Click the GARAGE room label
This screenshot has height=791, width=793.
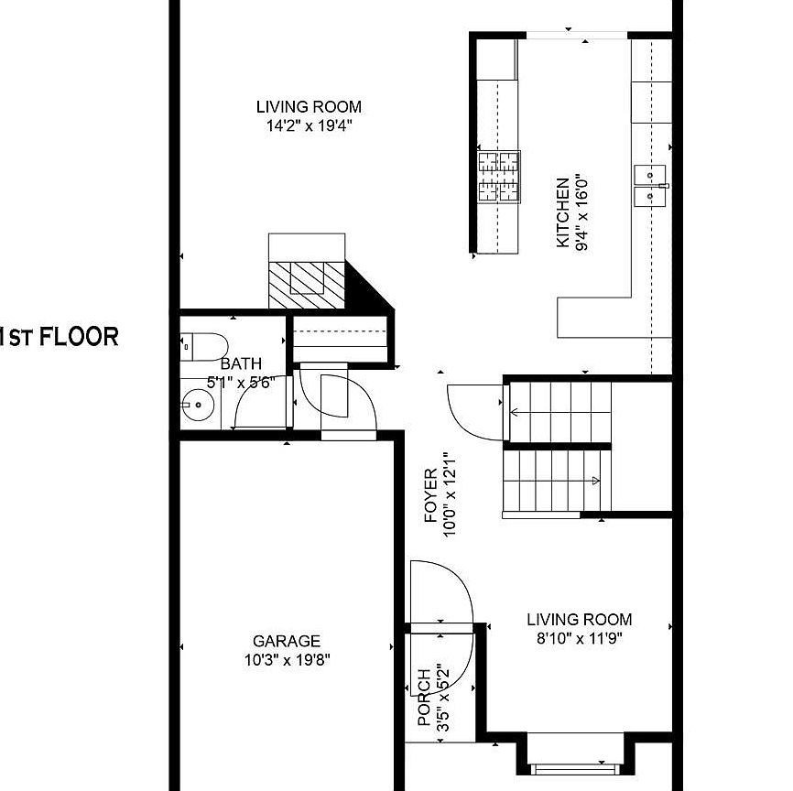[x=287, y=641]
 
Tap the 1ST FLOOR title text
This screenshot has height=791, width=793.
[x=60, y=337]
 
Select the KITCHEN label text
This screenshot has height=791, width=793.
[x=562, y=212]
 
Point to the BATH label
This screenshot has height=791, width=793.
[x=241, y=363]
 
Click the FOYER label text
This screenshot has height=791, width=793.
[x=430, y=495]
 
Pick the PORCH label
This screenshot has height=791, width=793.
[x=424, y=698]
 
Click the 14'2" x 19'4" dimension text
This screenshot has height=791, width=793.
[x=309, y=125]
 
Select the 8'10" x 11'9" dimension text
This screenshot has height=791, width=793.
[x=579, y=638]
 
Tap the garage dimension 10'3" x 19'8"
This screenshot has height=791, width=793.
[x=287, y=660]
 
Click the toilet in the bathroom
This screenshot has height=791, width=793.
[x=204, y=347]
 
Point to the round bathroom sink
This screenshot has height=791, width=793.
[x=198, y=405]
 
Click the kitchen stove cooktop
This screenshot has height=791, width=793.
[x=499, y=177]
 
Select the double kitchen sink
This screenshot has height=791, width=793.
[x=650, y=186]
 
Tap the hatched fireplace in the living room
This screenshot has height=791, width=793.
[x=307, y=285]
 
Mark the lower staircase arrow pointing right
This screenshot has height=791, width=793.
[x=552, y=481]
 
